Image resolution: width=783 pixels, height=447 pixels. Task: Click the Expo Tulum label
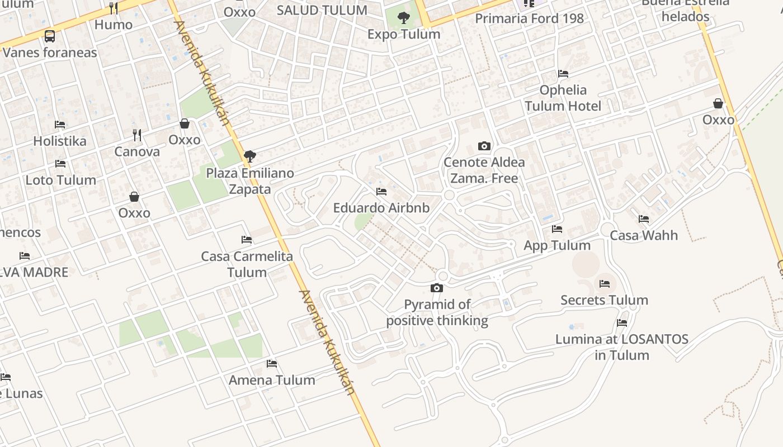coord(403,34)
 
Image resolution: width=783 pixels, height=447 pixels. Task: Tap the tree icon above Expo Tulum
coord(403,18)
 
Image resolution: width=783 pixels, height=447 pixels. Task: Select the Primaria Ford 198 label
coord(529,18)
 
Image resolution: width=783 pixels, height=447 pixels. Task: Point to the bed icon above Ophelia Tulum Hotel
coord(563,74)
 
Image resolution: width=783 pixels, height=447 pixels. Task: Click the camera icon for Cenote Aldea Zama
coord(484,146)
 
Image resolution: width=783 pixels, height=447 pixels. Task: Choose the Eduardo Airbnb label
coord(381,208)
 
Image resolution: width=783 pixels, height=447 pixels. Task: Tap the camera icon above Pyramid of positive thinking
coord(437,288)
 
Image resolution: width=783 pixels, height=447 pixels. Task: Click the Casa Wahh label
coord(644,235)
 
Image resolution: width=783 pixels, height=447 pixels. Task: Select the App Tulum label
coord(556,245)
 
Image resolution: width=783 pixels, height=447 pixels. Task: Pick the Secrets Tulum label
coord(604,300)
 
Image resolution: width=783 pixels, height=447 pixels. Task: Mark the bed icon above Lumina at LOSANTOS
coord(621,323)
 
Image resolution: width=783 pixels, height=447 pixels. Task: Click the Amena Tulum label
coord(272,380)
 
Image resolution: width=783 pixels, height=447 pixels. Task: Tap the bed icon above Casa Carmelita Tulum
coord(247,240)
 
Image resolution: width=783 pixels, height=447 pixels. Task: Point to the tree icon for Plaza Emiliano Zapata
coord(250,156)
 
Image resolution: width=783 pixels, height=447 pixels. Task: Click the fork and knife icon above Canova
coord(137,135)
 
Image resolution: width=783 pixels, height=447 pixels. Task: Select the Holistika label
coord(60,141)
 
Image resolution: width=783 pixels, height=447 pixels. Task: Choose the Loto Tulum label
coord(60,180)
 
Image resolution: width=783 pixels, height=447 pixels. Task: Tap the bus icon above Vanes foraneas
coord(50,37)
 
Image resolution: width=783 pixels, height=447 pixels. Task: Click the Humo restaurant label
coord(114,25)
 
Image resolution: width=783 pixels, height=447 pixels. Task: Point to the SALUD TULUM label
coord(322,10)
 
